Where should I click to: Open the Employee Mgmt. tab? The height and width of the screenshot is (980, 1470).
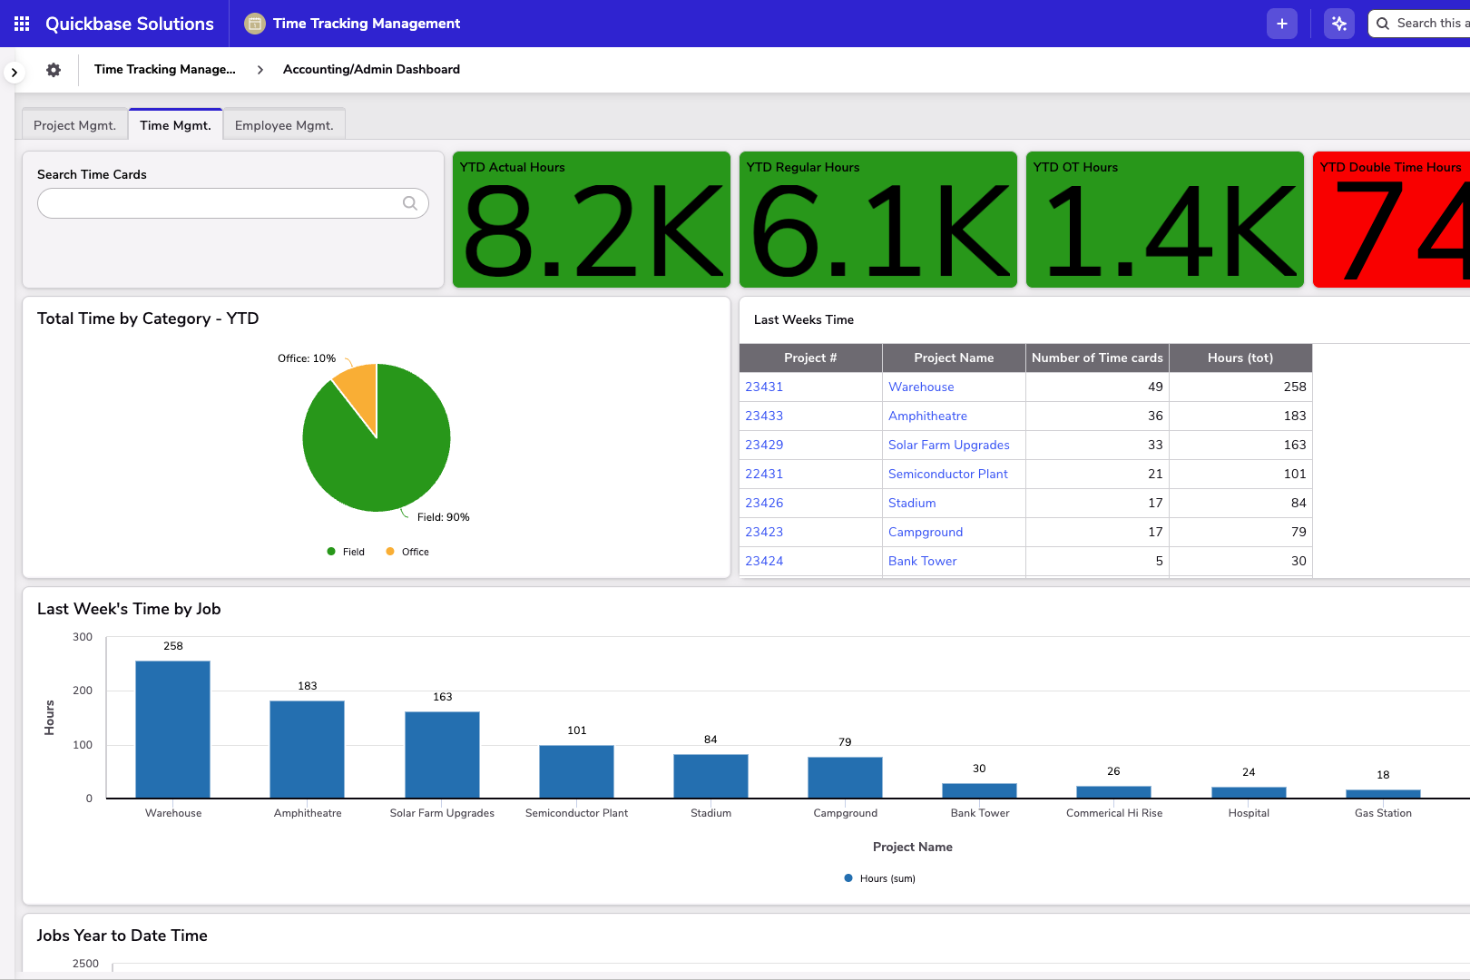[x=284, y=125]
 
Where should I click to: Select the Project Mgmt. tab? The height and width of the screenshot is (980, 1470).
[x=74, y=125]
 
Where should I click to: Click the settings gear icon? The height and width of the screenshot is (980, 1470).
[x=54, y=70]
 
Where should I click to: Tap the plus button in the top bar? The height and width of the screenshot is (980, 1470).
[x=1281, y=24]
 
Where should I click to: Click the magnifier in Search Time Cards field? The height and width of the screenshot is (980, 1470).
[x=410, y=203]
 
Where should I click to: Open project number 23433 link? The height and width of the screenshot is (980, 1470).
[x=764, y=416]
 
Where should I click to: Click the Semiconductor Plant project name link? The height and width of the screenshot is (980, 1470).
[x=947, y=474]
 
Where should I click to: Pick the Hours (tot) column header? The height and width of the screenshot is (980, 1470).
[x=1240, y=358]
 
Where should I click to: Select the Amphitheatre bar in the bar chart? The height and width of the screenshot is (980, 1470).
[x=307, y=749]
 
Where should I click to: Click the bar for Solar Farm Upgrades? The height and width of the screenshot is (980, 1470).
[x=442, y=754]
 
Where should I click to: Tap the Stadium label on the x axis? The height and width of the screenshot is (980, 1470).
[x=710, y=813]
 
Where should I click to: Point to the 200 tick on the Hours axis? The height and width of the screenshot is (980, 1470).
[x=83, y=691]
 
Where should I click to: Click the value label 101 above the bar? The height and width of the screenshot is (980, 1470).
[x=577, y=730]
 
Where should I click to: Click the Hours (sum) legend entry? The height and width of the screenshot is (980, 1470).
[x=880, y=878]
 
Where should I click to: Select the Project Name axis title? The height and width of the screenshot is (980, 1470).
[x=912, y=847]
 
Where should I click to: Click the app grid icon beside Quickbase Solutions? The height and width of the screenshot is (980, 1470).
[x=22, y=24]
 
